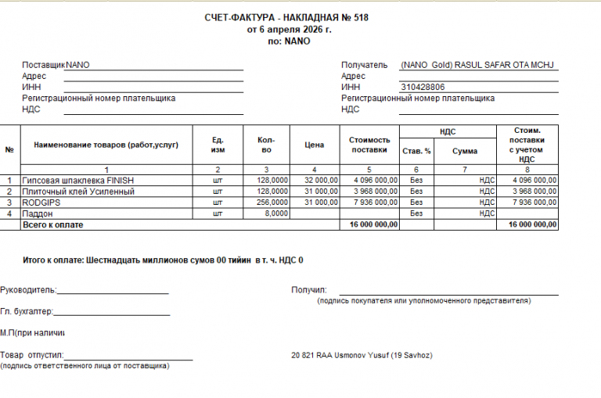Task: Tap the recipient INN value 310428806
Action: click(423, 87)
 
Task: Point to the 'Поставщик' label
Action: click(44, 65)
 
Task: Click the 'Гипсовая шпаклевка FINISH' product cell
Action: click(78, 181)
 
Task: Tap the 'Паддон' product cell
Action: click(38, 213)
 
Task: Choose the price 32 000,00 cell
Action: click(321, 181)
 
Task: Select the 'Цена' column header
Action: click(314, 145)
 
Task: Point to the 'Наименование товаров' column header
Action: click(106, 145)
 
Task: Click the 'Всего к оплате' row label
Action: click(53, 224)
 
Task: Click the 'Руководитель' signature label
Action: click(28, 290)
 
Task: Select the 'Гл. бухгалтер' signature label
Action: click(27, 311)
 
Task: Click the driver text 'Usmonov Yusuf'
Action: click(362, 356)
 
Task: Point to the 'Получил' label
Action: click(308, 290)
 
